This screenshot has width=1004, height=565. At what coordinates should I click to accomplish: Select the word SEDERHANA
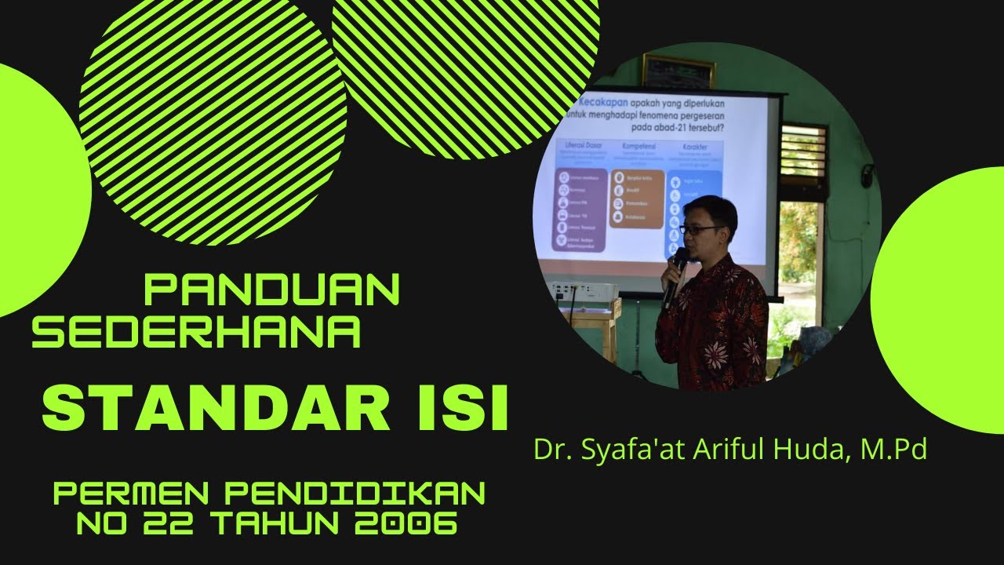point(196,334)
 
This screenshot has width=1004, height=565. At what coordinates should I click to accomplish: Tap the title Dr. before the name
point(549,450)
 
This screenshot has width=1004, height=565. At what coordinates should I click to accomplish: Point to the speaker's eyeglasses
point(700,229)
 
